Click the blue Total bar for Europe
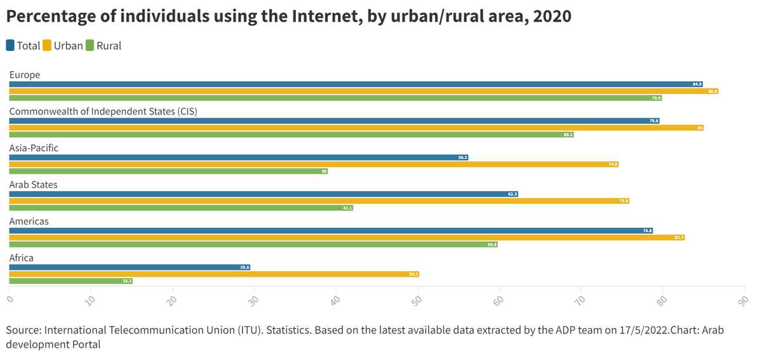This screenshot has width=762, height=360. pyautogui.click(x=356, y=84)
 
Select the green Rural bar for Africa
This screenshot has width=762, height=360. pyautogui.click(x=70, y=281)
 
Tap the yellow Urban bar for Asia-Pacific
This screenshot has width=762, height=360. pyautogui.click(x=314, y=164)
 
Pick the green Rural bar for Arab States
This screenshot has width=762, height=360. pyautogui.click(x=180, y=208)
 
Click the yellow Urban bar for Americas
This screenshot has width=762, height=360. pyautogui.click(x=347, y=237)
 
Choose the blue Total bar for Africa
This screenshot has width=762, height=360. pyautogui.click(x=130, y=267)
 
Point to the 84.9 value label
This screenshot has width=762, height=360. pyautogui.click(x=697, y=84)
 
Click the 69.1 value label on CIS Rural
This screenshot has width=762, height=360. pyautogui.click(x=568, y=135)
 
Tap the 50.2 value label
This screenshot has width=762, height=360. pyautogui.click(x=413, y=274)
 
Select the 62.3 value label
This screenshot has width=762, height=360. pyautogui.click(x=512, y=194)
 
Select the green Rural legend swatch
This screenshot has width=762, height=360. pyautogui.click(x=90, y=46)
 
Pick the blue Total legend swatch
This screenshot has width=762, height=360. pyautogui.click(x=11, y=46)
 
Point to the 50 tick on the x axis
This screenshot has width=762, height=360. pyautogui.click(x=417, y=299)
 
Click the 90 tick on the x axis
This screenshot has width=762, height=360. pyautogui.click(x=744, y=299)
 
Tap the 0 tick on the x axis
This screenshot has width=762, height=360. pyautogui.click(x=10, y=298)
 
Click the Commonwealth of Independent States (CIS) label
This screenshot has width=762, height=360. pyautogui.click(x=103, y=112)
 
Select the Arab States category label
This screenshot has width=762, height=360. pyautogui.click(x=33, y=185)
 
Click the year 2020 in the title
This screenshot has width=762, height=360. pyautogui.click(x=552, y=17)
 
